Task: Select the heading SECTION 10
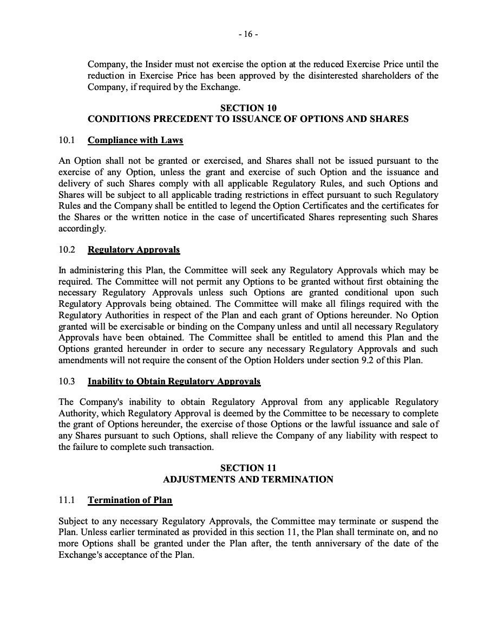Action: point(248,108)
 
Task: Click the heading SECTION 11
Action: point(248,468)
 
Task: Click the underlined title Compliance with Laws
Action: point(135,140)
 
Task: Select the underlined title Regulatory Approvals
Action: point(134,250)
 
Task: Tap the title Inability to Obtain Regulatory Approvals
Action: point(174,382)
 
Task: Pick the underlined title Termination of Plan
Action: point(130,500)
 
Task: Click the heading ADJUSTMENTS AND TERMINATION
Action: point(248,479)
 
